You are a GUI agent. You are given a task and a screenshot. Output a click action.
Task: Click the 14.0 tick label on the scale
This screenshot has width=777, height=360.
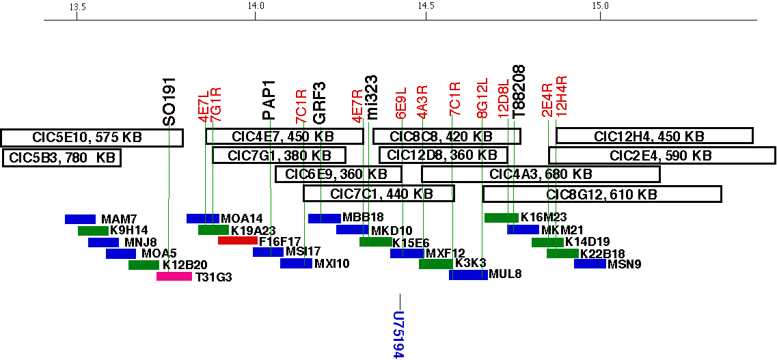(x=255, y=7)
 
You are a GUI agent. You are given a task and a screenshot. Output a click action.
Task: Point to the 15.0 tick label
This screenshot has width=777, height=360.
(x=600, y=7)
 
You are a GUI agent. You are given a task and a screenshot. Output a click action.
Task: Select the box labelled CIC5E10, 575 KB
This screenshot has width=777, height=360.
(x=92, y=137)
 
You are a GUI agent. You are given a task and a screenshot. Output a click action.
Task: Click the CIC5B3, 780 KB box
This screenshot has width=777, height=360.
(x=62, y=158)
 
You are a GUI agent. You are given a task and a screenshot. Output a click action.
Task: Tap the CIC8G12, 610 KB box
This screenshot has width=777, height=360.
(x=602, y=195)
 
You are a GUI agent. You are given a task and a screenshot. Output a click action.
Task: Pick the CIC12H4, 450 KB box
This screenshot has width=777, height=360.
(x=654, y=136)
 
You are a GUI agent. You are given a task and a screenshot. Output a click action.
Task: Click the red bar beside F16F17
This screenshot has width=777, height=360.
(x=237, y=240)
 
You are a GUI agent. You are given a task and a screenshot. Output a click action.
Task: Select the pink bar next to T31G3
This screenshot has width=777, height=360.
(x=174, y=277)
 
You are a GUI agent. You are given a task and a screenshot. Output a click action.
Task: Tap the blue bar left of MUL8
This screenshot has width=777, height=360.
(x=468, y=275)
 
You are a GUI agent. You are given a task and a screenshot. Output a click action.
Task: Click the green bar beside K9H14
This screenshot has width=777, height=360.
(x=93, y=230)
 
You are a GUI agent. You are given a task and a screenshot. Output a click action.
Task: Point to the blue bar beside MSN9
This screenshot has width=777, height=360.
(x=589, y=264)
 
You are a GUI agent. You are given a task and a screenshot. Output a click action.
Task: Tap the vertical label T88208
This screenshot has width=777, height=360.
(x=519, y=92)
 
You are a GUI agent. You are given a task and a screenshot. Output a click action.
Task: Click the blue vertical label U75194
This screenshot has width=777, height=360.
(x=400, y=335)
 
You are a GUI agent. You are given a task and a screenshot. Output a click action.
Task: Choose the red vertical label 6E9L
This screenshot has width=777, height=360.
(x=401, y=102)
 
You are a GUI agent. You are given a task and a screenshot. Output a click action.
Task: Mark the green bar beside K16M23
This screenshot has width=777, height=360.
(x=501, y=217)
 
